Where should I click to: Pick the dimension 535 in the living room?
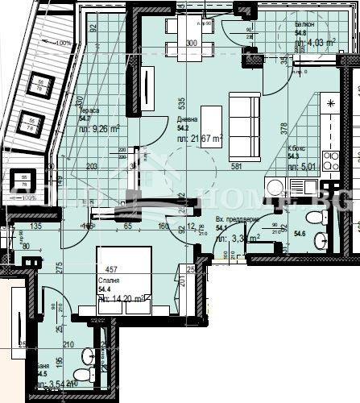tap(183, 104)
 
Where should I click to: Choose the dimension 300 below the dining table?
tap(192, 43)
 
